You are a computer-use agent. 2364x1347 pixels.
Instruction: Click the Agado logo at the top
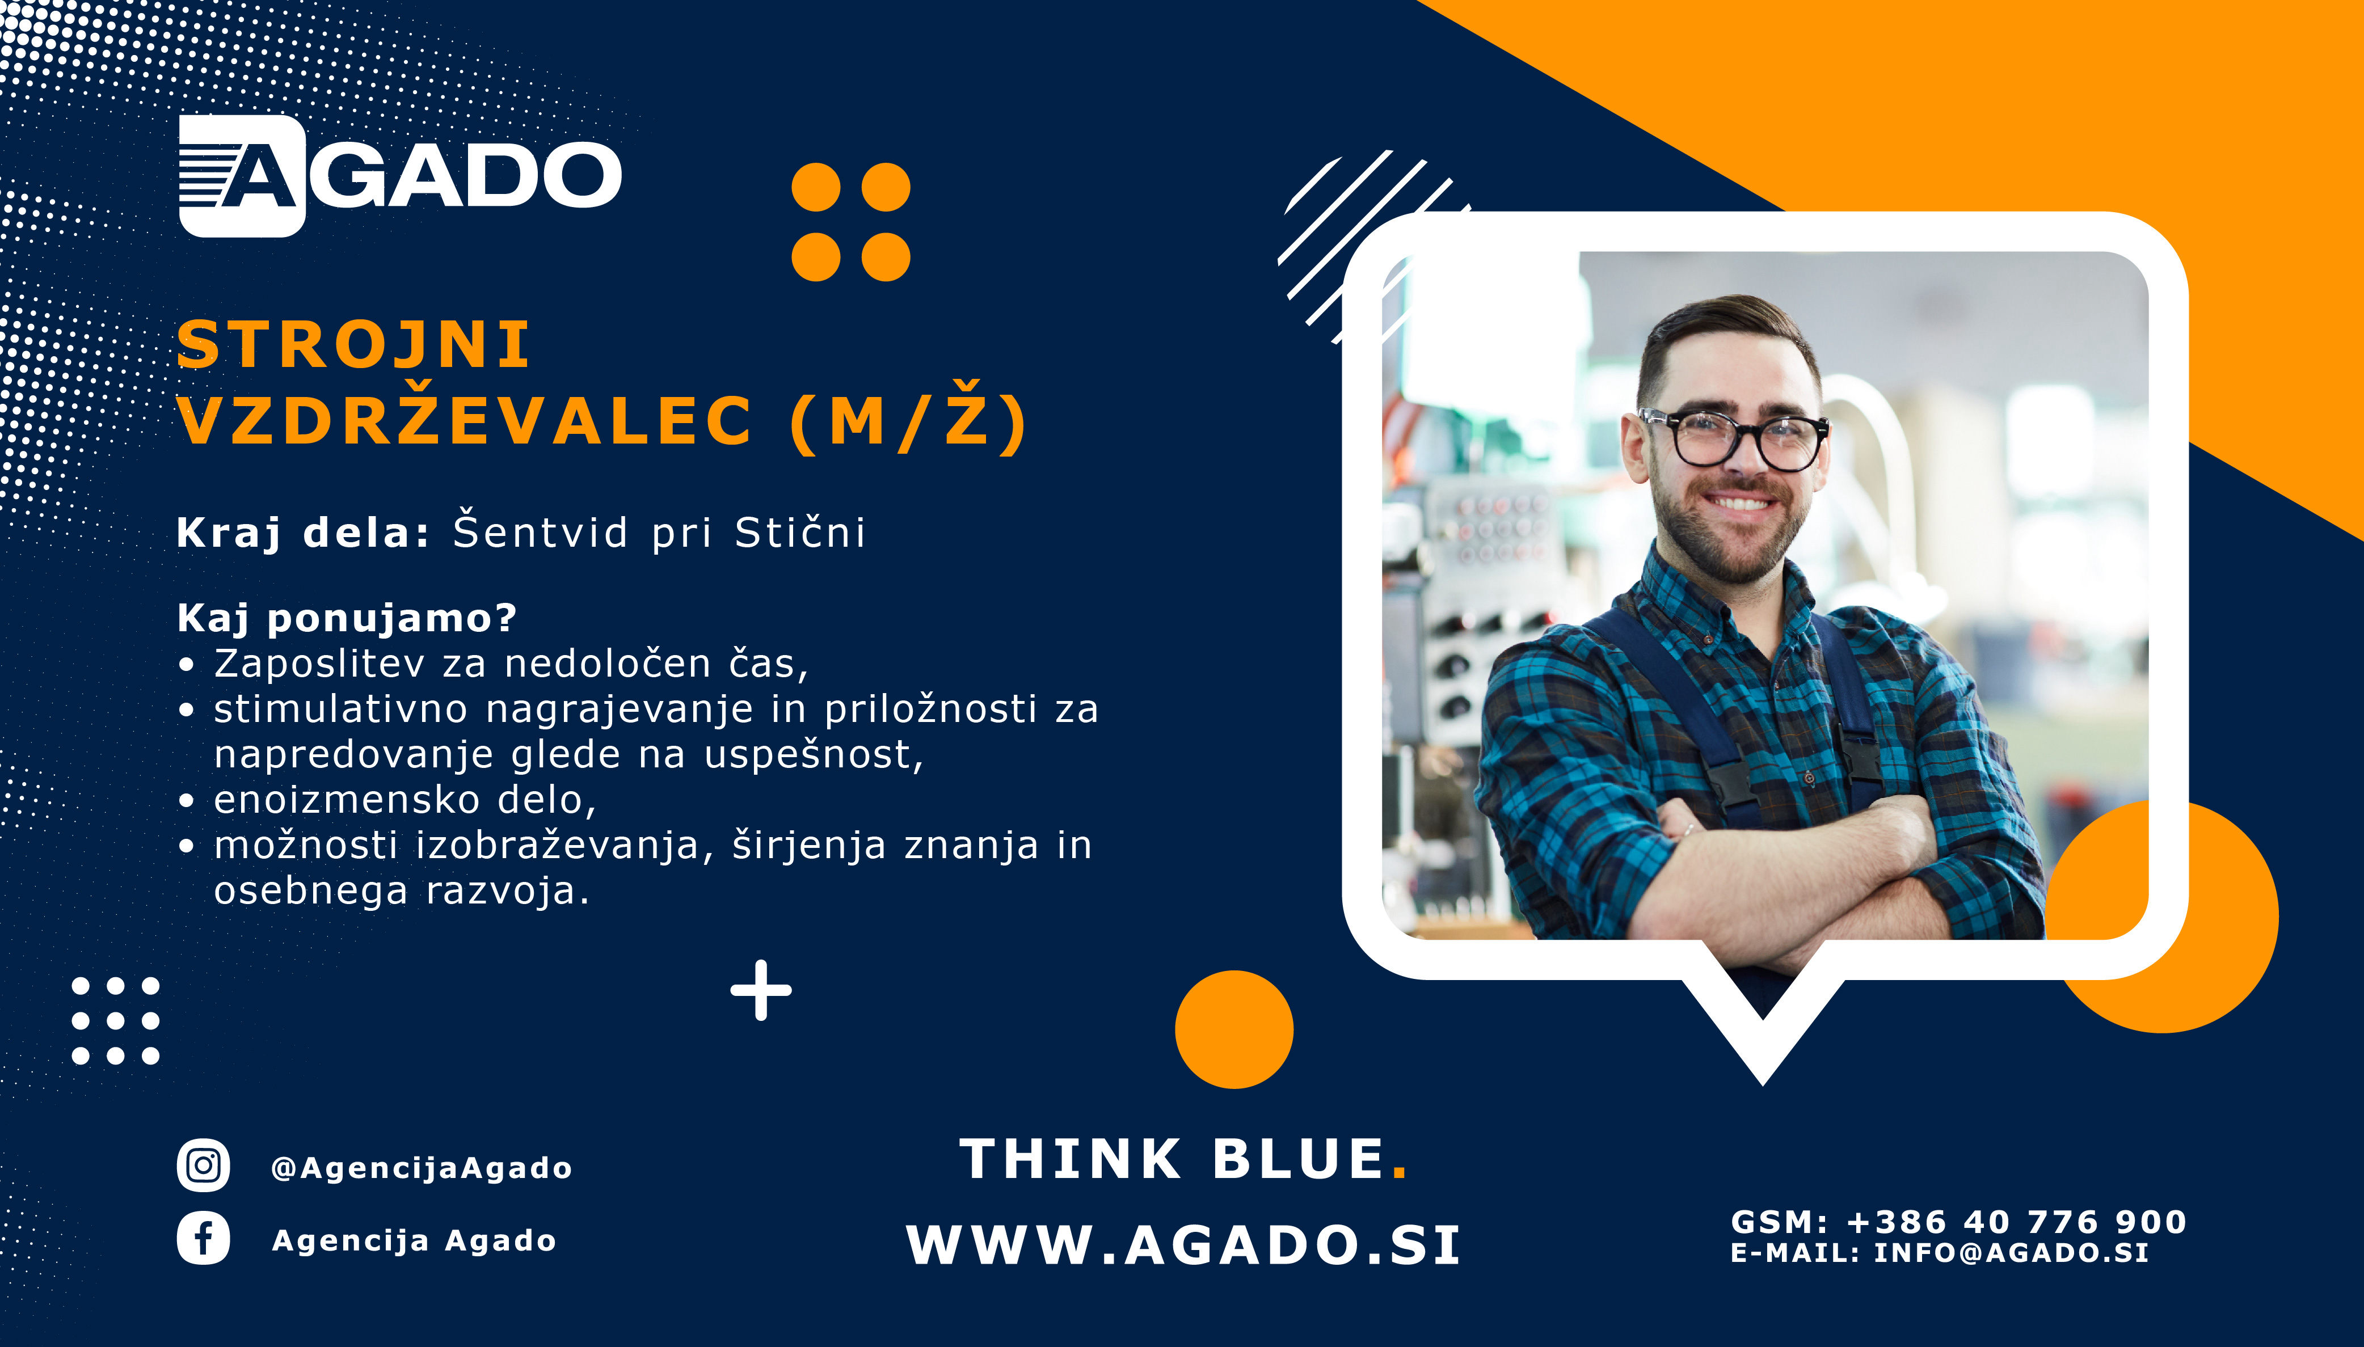tap(400, 176)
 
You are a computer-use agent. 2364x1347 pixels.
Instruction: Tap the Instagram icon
tap(204, 1166)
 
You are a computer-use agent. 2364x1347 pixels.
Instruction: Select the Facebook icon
tap(204, 1238)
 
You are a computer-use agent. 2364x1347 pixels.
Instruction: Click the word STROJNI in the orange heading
tap(353, 345)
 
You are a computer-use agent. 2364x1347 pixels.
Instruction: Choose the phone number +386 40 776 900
tap(2017, 1222)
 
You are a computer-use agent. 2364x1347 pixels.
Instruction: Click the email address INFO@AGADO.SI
tap(2012, 1253)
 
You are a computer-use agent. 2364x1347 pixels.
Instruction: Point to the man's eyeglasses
tap(1733, 438)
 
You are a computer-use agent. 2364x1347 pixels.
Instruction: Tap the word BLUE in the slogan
tap(1298, 1159)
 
